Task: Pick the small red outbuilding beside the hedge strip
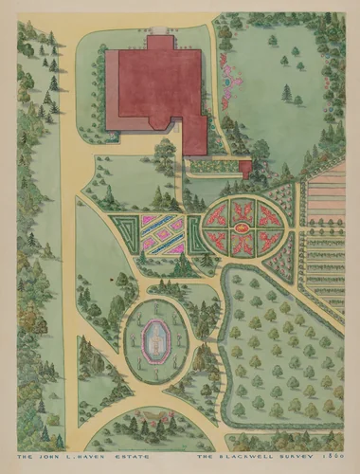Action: point(245,169)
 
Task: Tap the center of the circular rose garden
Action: point(242,228)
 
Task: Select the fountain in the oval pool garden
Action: point(152,339)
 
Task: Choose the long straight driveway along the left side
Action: point(67,237)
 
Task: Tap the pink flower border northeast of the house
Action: point(225,71)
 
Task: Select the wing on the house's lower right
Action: point(195,136)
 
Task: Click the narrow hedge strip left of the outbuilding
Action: point(212,167)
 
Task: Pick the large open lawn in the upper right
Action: point(275,85)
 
